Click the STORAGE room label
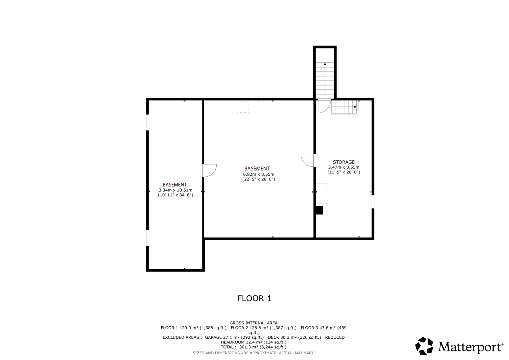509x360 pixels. (344, 162)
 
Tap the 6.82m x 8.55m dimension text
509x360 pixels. (259, 174)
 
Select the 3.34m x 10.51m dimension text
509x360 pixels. (175, 190)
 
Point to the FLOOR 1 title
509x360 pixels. (254, 298)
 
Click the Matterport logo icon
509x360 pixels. (424, 346)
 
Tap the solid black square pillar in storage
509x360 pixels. (319, 210)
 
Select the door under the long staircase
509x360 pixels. (324, 106)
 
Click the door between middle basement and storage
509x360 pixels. (308, 160)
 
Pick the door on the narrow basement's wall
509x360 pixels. (210, 170)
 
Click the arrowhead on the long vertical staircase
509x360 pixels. (325, 64)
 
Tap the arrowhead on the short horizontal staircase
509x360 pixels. (355, 107)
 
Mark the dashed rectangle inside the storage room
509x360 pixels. (322, 193)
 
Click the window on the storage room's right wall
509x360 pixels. (373, 201)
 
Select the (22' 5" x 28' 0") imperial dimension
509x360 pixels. (259, 179)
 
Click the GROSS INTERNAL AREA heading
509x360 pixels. (254, 323)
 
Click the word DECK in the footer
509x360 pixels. (274, 337)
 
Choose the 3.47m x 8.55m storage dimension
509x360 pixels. (344, 167)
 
